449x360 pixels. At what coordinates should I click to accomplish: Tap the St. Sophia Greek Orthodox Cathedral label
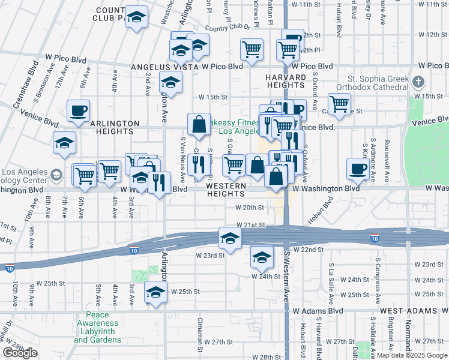(378, 85)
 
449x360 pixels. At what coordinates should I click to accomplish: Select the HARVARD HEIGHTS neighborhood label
(286, 82)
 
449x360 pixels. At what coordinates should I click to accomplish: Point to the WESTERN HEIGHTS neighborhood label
(226, 190)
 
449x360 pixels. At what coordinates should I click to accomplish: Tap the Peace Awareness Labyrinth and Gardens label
(97, 327)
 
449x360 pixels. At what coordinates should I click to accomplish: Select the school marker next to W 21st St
(230, 238)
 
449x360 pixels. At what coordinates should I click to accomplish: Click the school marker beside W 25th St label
(155, 292)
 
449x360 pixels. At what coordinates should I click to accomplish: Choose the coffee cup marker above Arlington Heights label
(78, 110)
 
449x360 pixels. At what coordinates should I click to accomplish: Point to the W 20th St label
(249, 208)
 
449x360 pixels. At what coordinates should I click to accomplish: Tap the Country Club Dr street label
(226, 28)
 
